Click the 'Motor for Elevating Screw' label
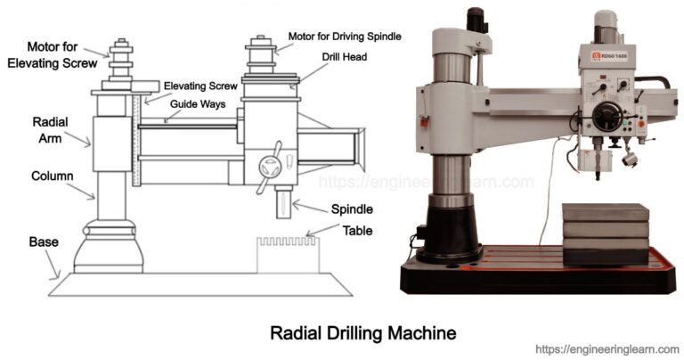tap(51, 54)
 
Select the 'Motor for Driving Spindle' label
tap(346, 36)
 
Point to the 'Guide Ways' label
tap(197, 103)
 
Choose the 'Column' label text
tap(53, 176)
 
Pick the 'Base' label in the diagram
tap(43, 241)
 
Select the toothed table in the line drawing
tap(287, 253)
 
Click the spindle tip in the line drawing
tap(282, 210)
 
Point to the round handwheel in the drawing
tap(270, 167)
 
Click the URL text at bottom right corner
tap(607, 349)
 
